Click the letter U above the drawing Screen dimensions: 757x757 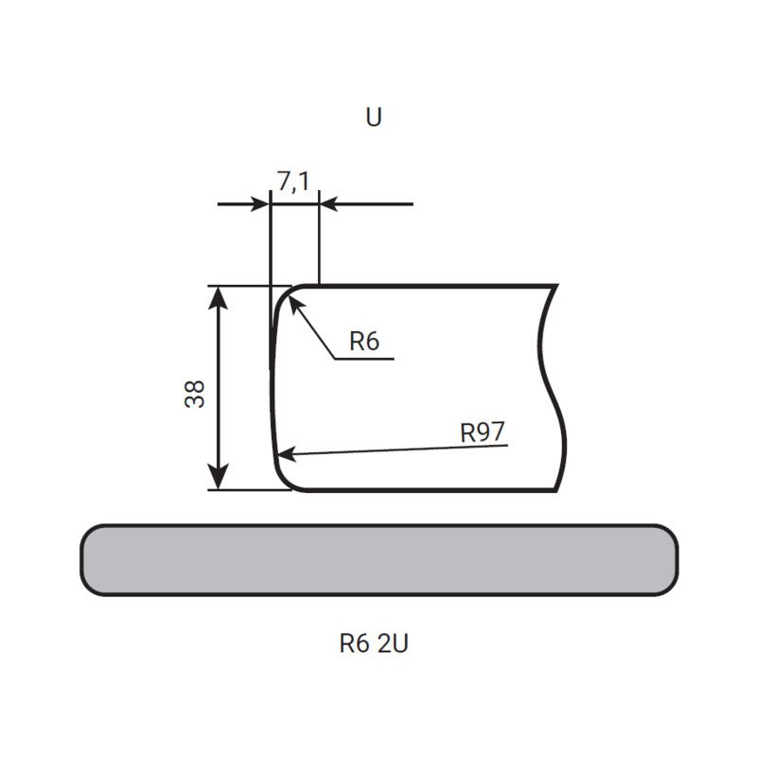coord(374,116)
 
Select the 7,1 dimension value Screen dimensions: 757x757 coord(293,182)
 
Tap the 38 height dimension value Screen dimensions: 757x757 coord(195,395)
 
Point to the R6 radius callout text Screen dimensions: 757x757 coord(364,342)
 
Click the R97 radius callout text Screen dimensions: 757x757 coord(483,432)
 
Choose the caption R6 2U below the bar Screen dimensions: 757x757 coord(374,643)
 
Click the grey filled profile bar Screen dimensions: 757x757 coord(379,560)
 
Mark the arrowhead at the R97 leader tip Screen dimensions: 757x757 coord(287,455)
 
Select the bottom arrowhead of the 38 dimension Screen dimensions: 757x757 coord(220,478)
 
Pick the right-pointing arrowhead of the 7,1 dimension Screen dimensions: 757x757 coord(259,204)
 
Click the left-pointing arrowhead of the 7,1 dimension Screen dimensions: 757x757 coord(330,204)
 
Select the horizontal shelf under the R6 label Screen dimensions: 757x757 coord(364,359)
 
